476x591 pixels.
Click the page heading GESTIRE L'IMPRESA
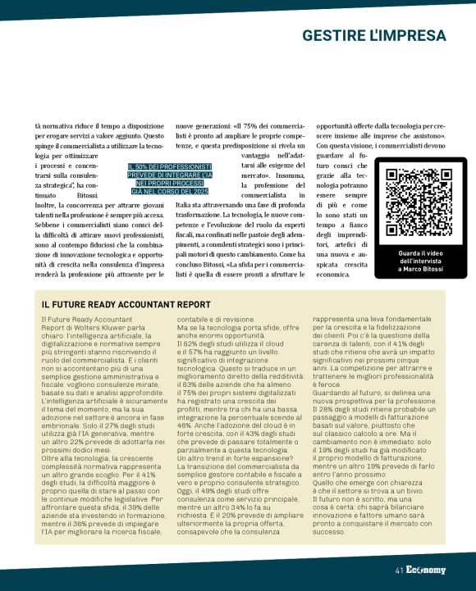[373, 36]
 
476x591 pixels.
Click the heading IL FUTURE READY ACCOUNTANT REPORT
[126, 304]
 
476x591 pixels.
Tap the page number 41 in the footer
[399, 571]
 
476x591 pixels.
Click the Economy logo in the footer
[426, 571]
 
